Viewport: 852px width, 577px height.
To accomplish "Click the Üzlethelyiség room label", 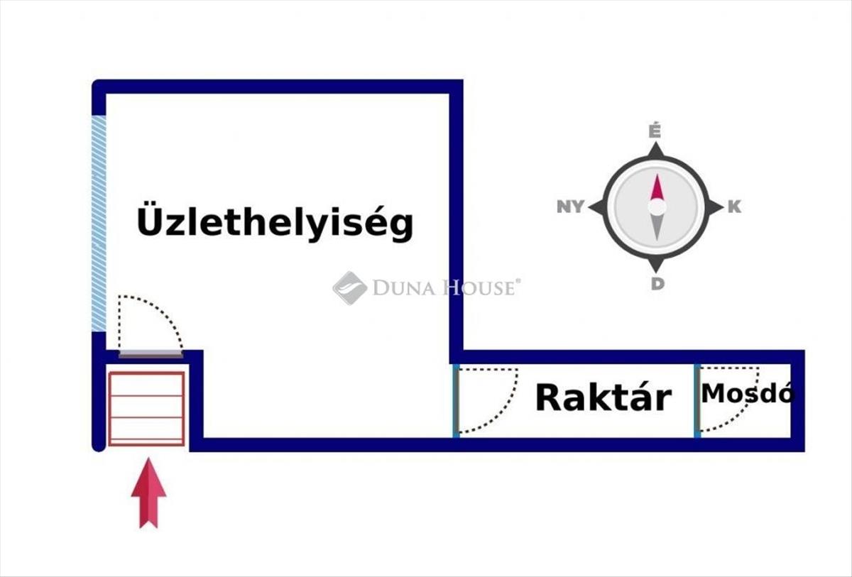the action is (x=274, y=221).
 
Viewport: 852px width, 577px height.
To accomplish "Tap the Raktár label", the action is (x=603, y=397).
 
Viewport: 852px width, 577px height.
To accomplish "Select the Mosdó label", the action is (x=746, y=393).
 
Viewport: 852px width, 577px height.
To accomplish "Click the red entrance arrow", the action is (x=148, y=493).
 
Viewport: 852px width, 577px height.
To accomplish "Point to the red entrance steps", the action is (x=146, y=408).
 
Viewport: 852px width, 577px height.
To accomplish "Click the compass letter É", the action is (x=655, y=131).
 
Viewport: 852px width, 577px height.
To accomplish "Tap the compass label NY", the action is (x=570, y=207).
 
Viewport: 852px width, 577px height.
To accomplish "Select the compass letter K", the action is (x=734, y=207).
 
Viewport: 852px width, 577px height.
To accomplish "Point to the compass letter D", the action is (x=657, y=284).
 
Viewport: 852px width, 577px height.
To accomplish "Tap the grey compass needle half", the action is (x=657, y=227).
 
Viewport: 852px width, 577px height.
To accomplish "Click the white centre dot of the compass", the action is (x=657, y=207).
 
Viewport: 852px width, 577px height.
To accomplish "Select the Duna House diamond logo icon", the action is (x=349, y=287).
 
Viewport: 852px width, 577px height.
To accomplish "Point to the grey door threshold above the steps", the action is (x=150, y=353).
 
